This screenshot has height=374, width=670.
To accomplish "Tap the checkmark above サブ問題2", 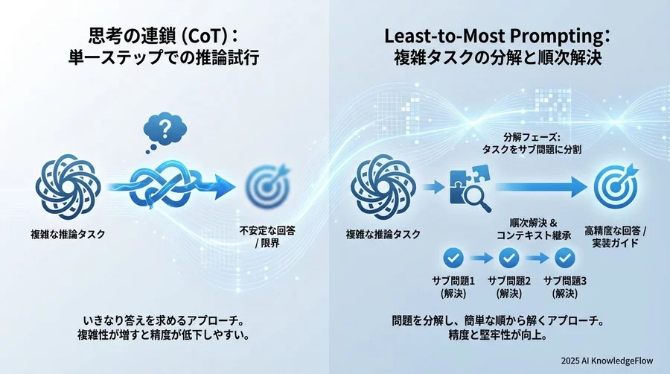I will [x=508, y=258].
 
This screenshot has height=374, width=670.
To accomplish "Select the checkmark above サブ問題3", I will [x=564, y=258].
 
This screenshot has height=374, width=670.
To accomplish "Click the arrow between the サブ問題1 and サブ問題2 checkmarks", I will [x=481, y=259].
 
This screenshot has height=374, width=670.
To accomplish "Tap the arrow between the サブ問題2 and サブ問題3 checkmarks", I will [x=537, y=259].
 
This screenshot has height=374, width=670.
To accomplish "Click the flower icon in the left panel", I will [x=68, y=185].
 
